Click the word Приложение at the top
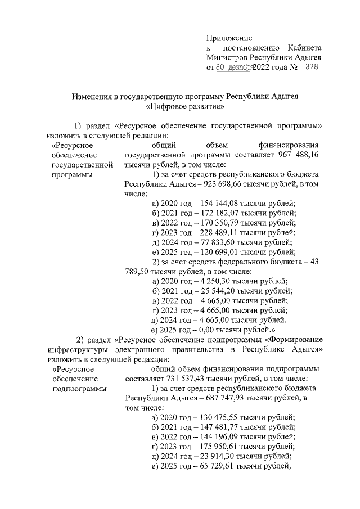(x=229, y=38)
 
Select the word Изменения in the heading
(x=92, y=96)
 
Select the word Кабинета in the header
(x=304, y=48)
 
